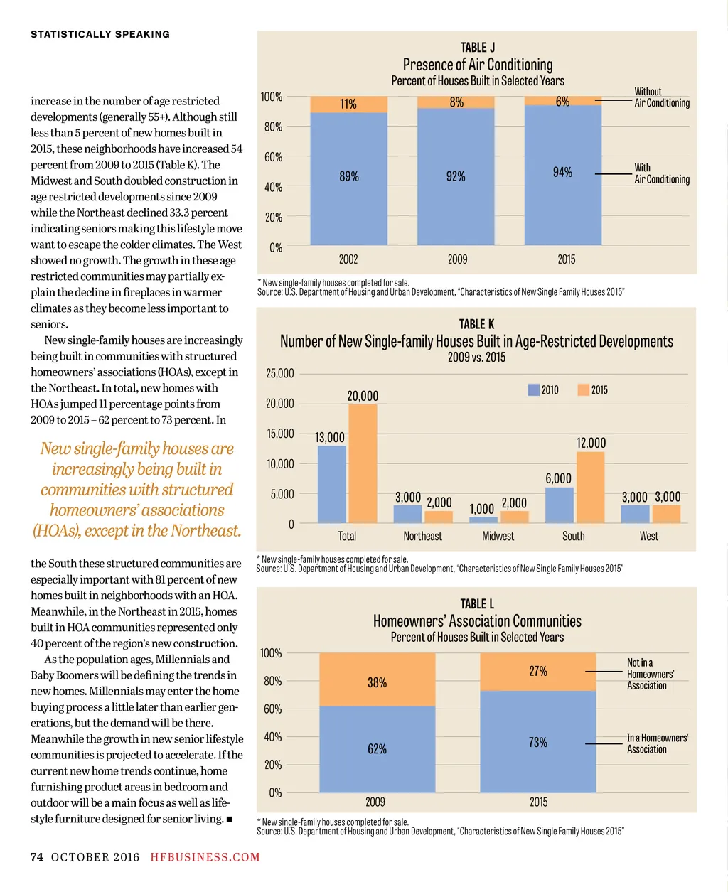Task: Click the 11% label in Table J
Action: click(348, 104)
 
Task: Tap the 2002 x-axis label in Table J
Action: click(348, 259)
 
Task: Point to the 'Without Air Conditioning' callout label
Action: click(661, 97)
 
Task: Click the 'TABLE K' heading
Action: click(476, 324)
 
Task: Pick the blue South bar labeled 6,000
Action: click(559, 505)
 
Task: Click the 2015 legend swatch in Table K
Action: click(584, 389)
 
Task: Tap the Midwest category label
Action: click(498, 536)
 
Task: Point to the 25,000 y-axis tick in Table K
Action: click(279, 373)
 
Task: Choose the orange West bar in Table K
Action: click(667, 514)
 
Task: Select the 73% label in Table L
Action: click(538, 742)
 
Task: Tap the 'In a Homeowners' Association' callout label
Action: click(657, 743)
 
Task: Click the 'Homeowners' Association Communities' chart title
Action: click(477, 621)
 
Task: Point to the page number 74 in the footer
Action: click(37, 857)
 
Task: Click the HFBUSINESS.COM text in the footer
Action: click(205, 857)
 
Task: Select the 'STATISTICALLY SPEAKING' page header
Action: click(100, 34)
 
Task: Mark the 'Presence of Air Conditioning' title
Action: click(477, 65)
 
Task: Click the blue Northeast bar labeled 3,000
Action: click(407, 514)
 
